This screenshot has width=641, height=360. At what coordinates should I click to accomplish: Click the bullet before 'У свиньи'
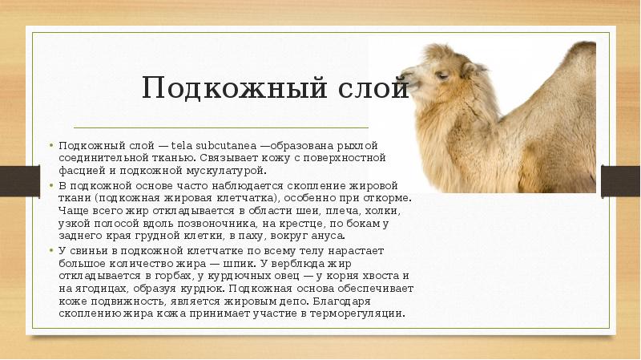pos(53,250)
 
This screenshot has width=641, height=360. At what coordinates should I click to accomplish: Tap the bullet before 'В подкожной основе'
pos(53,185)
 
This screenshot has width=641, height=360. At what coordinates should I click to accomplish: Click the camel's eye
pos(442,73)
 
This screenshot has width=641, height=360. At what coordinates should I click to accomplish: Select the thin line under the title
pos(221,127)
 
